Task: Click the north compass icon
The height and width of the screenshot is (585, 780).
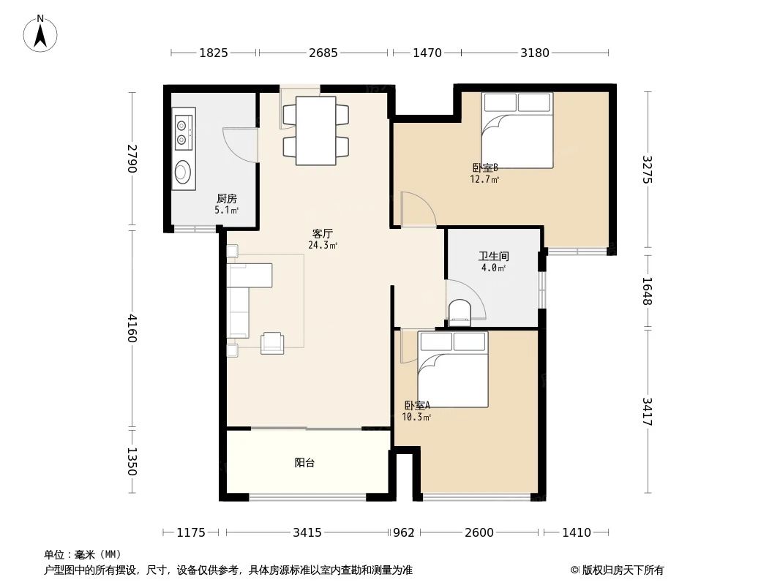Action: (x=41, y=33)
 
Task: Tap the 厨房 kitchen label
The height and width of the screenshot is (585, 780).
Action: (x=226, y=198)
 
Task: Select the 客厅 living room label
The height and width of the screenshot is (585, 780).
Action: (x=323, y=234)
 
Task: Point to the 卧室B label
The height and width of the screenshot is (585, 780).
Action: (x=484, y=167)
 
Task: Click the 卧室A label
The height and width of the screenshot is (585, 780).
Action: (x=416, y=405)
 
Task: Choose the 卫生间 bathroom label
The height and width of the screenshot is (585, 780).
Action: (x=493, y=257)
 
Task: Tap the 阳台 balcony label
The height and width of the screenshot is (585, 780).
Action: (x=304, y=463)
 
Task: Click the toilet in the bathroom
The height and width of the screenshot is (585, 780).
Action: (x=460, y=312)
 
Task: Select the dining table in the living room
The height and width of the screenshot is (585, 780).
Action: (x=315, y=130)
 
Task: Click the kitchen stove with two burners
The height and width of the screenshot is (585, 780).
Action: (x=182, y=129)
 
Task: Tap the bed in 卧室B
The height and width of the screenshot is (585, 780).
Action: (x=517, y=129)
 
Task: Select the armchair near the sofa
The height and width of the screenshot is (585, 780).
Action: (x=272, y=342)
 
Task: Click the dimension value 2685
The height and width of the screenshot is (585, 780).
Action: (x=323, y=53)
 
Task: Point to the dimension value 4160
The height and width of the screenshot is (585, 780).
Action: (x=132, y=328)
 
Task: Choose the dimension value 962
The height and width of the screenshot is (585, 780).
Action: (x=404, y=532)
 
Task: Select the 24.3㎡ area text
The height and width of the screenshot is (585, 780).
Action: (x=323, y=246)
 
